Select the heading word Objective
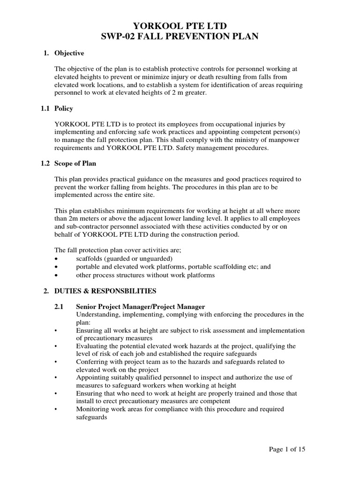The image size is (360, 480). pyautogui.click(x=69, y=53)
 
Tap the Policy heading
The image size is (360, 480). pyautogui.click(x=64, y=108)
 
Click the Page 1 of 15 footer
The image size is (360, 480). pyautogui.click(x=287, y=449)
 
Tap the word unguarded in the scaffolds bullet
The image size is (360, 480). pyautogui.click(x=157, y=259)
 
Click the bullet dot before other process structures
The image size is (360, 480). pyautogui.click(x=57, y=276)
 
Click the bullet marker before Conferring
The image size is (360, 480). pyautogui.click(x=57, y=362)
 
